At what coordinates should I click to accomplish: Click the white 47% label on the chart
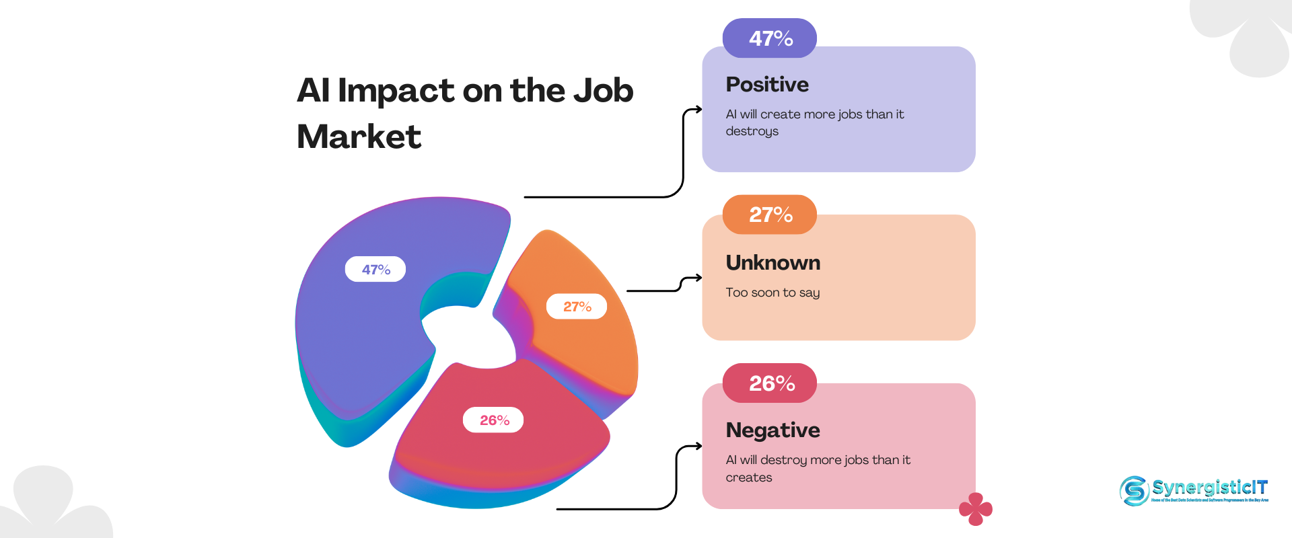pyautogui.click(x=375, y=270)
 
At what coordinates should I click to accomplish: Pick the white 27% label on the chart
pyautogui.click(x=577, y=307)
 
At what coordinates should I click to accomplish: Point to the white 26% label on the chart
pyautogui.click(x=493, y=420)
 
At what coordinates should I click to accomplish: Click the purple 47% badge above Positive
pyautogui.click(x=770, y=38)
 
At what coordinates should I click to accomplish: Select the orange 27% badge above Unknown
pyautogui.click(x=770, y=215)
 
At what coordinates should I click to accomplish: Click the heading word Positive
pyautogui.click(x=767, y=85)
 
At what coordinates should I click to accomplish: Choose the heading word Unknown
pyautogui.click(x=773, y=263)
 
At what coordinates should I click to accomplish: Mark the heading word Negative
pyautogui.click(x=773, y=430)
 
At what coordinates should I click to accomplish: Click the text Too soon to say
pyautogui.click(x=773, y=293)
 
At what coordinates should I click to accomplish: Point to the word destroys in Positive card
pyautogui.click(x=752, y=132)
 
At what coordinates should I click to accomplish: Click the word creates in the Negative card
pyautogui.click(x=749, y=477)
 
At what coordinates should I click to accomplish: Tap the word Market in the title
pyautogui.click(x=359, y=137)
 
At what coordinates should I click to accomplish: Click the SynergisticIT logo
pyautogui.click(x=1194, y=490)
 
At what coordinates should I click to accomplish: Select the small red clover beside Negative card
pyautogui.click(x=976, y=508)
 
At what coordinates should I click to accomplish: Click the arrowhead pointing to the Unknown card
pyautogui.click(x=698, y=278)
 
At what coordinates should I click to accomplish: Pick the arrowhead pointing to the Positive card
pyautogui.click(x=698, y=109)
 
